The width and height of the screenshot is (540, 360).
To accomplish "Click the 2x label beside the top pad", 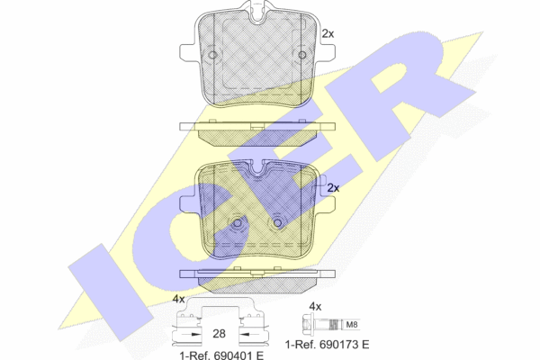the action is tap(328, 34).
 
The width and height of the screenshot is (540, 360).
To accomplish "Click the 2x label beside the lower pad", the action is tap(333, 188).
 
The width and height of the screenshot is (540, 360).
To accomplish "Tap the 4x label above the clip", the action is tap(179, 299).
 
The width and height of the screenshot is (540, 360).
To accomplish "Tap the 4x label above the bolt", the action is tap(315, 306).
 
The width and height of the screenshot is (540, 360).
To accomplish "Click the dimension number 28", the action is tap(219, 334).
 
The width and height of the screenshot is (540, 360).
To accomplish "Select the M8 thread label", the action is tap(352, 325).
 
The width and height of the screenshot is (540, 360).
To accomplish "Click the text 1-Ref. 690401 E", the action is tap(221, 355).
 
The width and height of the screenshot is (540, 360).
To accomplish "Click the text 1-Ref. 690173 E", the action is tap(328, 344).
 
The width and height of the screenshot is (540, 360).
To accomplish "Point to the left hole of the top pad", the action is tap(212, 55).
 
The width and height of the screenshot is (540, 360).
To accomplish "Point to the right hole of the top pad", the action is tap(302, 55).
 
